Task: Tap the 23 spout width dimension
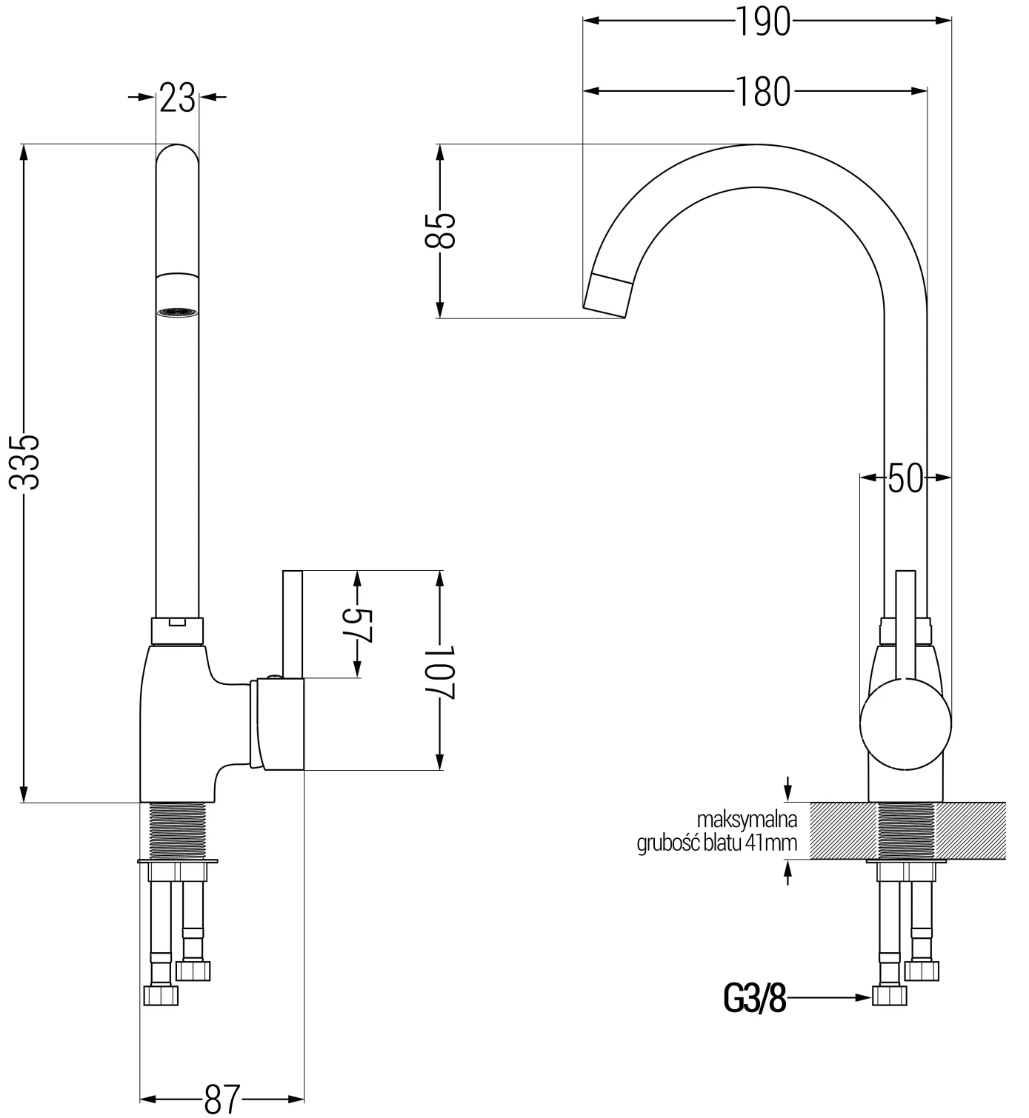pyautogui.click(x=178, y=97)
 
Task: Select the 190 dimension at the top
pyautogui.click(x=763, y=21)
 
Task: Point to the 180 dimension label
pyautogui.click(x=763, y=92)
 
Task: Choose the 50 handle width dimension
pyautogui.click(x=905, y=478)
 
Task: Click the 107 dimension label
pyautogui.click(x=442, y=671)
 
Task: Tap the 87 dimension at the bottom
pyautogui.click(x=222, y=1098)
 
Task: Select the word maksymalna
pyautogui.click(x=746, y=820)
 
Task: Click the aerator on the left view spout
pyautogui.click(x=178, y=312)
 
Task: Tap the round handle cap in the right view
pyautogui.click(x=905, y=725)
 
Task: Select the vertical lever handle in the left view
pyautogui.click(x=293, y=623)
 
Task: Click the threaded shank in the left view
pyautogui.click(x=178, y=831)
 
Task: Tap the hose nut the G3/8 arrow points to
pyautogui.click(x=889, y=995)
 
